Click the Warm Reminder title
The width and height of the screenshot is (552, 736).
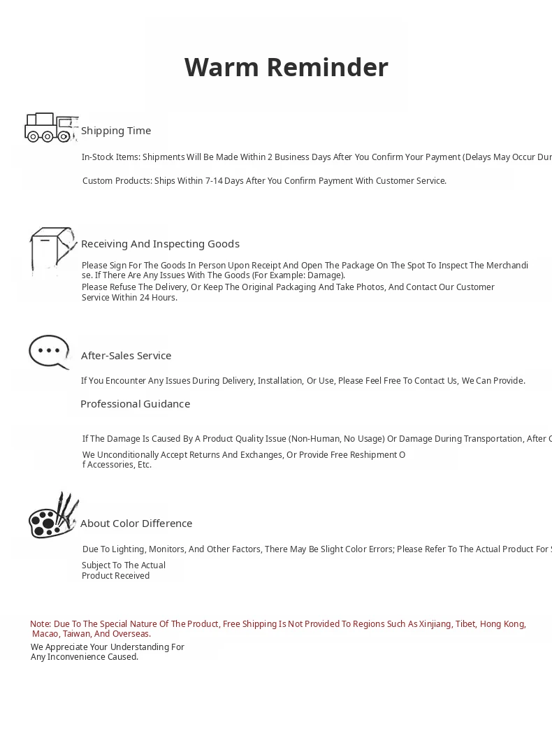286,68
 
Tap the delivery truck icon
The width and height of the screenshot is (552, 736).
50,128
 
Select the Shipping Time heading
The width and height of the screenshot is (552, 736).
116,131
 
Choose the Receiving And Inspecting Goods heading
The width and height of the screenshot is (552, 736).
160,244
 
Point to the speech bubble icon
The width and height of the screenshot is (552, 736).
50,352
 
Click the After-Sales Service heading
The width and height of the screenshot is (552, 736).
126,356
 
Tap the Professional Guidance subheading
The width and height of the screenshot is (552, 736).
135,404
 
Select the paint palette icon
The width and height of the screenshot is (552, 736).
52,517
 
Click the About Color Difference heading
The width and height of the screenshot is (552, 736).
136,524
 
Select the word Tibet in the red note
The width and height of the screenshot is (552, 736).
465,624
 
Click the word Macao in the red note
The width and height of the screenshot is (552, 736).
45,635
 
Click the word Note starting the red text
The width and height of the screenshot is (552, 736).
40,624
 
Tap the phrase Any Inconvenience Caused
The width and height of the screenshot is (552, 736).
85,657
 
